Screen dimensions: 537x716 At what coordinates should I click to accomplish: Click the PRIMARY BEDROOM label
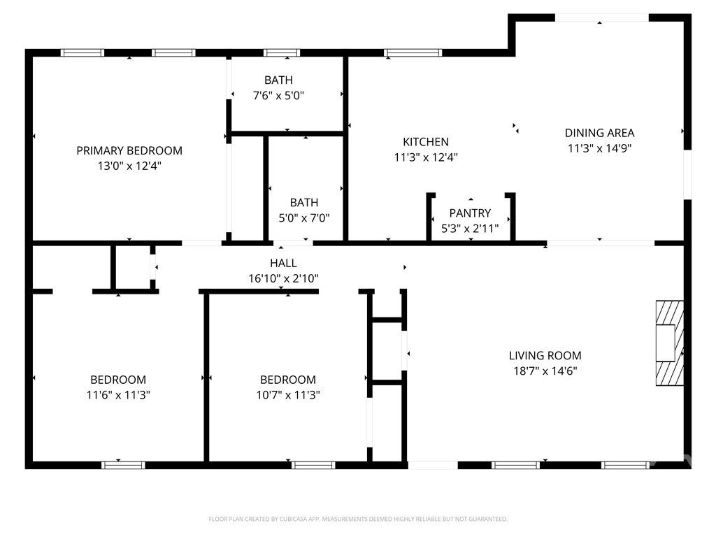(129, 150)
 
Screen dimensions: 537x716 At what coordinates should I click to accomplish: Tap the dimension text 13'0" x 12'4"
(129, 166)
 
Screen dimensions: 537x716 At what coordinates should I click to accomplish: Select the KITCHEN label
(426, 142)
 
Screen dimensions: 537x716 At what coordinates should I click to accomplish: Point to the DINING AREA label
(599, 133)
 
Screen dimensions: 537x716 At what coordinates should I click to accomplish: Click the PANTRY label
(470, 213)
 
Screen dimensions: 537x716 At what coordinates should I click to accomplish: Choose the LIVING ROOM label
(545, 355)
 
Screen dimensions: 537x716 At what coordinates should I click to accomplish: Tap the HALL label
(283, 263)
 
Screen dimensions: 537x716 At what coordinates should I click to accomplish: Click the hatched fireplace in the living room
(668, 343)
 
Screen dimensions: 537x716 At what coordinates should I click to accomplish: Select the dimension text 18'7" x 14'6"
(545, 371)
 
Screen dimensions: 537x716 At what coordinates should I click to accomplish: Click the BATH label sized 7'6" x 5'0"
(278, 80)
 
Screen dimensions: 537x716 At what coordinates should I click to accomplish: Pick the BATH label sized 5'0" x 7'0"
(304, 202)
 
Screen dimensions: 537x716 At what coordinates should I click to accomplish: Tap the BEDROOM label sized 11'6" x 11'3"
(118, 380)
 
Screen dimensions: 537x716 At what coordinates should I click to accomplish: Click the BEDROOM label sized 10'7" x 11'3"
(288, 380)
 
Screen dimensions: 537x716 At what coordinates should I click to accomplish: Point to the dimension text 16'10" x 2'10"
(283, 278)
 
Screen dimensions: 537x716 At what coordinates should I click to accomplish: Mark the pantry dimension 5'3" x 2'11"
(470, 228)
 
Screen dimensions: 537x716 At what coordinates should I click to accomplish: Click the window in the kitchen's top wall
(413, 52)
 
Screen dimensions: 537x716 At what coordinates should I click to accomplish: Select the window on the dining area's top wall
(601, 17)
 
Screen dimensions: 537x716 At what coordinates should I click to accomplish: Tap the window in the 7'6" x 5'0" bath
(282, 52)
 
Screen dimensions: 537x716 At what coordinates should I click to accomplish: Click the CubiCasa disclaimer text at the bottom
(358, 519)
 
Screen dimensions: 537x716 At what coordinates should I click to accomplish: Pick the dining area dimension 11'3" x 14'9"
(599, 148)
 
